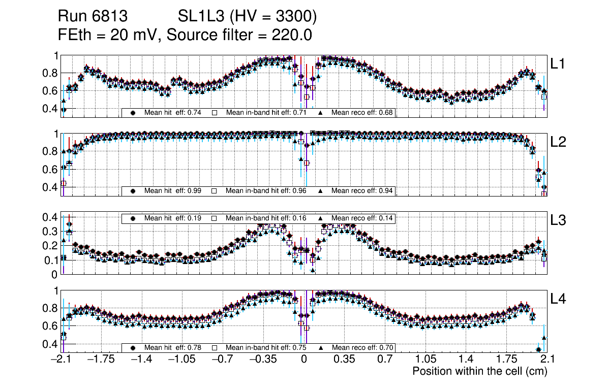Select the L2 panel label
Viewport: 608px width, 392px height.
pos(558,142)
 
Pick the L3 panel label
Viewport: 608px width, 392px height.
pos(558,220)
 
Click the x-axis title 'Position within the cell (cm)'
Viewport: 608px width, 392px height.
pos(479,371)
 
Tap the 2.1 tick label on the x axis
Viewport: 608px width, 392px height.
pos(546,360)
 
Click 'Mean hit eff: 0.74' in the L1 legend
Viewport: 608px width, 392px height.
pos(173,112)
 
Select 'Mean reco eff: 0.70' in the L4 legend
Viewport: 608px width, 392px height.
pos(362,348)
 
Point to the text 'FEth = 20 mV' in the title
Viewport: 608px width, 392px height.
pos(109,35)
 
